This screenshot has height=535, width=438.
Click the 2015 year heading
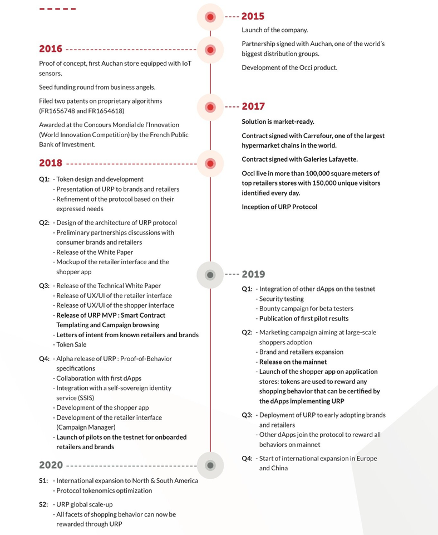coord(253,17)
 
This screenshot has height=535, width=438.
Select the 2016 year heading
coord(51,49)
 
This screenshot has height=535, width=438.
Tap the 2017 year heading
coord(253,106)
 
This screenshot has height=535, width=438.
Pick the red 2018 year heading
coord(51,163)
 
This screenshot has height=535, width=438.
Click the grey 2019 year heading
coord(253,274)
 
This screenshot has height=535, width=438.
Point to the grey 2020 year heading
coord(51,465)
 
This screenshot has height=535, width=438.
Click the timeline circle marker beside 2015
coord(210,17)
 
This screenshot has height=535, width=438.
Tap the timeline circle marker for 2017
coord(210,107)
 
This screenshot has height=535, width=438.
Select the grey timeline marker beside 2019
coord(210,275)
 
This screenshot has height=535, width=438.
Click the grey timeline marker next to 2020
coord(210,465)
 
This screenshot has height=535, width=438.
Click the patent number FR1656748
coord(58,111)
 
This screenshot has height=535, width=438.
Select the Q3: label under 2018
coord(45,286)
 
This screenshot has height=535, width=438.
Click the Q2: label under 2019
coord(247,333)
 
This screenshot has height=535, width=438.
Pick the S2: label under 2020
coord(44,504)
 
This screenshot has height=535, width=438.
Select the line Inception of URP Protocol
coord(279,207)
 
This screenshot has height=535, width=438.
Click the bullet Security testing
coord(281,299)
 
